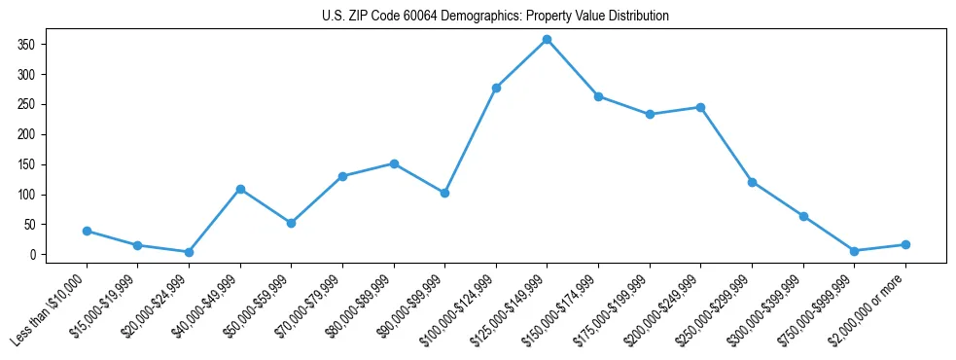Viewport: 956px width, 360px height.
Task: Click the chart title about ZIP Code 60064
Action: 495,17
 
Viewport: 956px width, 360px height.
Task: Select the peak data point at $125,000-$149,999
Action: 548,40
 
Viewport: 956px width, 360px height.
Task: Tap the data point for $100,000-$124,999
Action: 496,88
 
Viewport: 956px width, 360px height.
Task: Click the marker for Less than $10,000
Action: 88,231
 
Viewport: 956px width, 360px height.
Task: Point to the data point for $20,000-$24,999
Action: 189,252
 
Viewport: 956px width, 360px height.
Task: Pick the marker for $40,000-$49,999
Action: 240,189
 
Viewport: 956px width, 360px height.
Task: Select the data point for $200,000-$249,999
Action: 700,107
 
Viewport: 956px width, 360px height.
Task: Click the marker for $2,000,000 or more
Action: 905,244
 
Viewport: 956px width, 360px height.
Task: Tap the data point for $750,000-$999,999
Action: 854,251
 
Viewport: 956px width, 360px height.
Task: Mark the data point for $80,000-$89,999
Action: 394,163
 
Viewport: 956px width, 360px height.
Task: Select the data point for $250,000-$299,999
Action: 752,182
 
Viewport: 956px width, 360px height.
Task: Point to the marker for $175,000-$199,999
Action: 650,114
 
